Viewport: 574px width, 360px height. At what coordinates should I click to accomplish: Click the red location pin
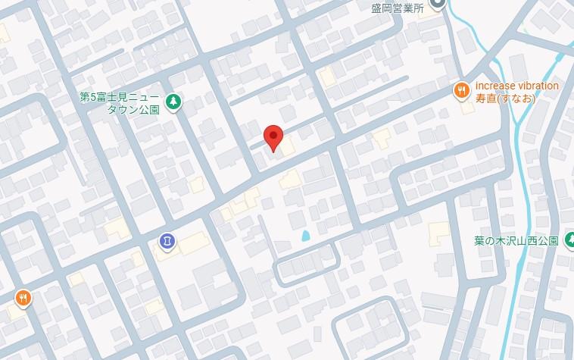click(x=273, y=137)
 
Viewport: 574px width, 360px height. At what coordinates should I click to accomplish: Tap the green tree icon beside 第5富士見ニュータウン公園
click(x=173, y=101)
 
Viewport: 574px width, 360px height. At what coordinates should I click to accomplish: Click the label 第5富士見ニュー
click(x=120, y=97)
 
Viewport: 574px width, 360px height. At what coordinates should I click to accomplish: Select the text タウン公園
click(x=133, y=109)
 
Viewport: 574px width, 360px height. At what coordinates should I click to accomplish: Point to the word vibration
click(x=538, y=86)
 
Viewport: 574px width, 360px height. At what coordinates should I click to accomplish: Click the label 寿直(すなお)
click(x=505, y=99)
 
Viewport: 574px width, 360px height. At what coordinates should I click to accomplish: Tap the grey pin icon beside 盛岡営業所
click(x=437, y=5)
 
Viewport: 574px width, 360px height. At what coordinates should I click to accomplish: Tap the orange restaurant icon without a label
click(x=23, y=298)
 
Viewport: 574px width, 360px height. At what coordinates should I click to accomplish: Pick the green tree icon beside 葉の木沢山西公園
click(x=569, y=241)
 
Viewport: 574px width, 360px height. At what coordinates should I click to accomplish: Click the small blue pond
click(x=305, y=236)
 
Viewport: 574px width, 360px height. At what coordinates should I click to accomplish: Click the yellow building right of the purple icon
click(x=193, y=243)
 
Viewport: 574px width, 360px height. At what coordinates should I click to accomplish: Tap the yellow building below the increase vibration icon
click(x=467, y=107)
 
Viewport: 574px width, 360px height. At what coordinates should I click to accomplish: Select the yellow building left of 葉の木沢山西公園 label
click(x=438, y=234)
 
